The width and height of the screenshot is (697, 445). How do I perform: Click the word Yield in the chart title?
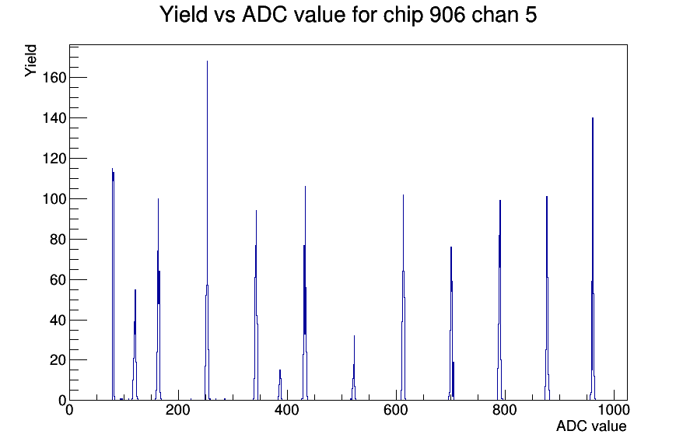pyautogui.click(x=184, y=15)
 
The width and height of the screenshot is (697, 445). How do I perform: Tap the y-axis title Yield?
pyautogui.click(x=30, y=61)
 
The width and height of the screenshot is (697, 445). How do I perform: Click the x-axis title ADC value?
pyautogui.click(x=591, y=426)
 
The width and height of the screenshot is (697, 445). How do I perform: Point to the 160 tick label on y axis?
pyautogui.click(x=54, y=78)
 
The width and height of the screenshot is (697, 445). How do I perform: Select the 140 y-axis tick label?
pyautogui.click(x=54, y=118)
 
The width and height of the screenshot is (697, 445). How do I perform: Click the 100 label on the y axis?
pyautogui.click(x=54, y=198)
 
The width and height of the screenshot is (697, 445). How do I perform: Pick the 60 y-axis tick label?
pyautogui.click(x=58, y=279)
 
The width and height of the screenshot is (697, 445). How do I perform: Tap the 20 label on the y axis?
pyautogui.click(x=58, y=360)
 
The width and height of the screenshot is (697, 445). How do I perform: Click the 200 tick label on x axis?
pyautogui.click(x=178, y=410)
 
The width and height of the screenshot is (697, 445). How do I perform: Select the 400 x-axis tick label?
pyautogui.click(x=287, y=410)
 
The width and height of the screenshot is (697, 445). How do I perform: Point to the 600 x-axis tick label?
pyautogui.click(x=396, y=410)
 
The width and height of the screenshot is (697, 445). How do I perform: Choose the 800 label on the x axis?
pyautogui.click(x=505, y=410)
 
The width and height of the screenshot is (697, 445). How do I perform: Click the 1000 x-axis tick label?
pyautogui.click(x=614, y=410)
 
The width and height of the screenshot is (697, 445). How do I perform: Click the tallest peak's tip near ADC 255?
pyautogui.click(x=207, y=61)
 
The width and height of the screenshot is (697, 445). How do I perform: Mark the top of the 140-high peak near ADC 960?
pyautogui.click(x=593, y=117)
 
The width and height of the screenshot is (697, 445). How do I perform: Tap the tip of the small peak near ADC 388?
pyautogui.click(x=280, y=370)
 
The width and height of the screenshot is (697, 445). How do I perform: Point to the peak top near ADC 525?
pyautogui.click(x=354, y=335)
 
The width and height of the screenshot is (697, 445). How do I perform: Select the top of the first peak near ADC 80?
pyautogui.click(x=113, y=169)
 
